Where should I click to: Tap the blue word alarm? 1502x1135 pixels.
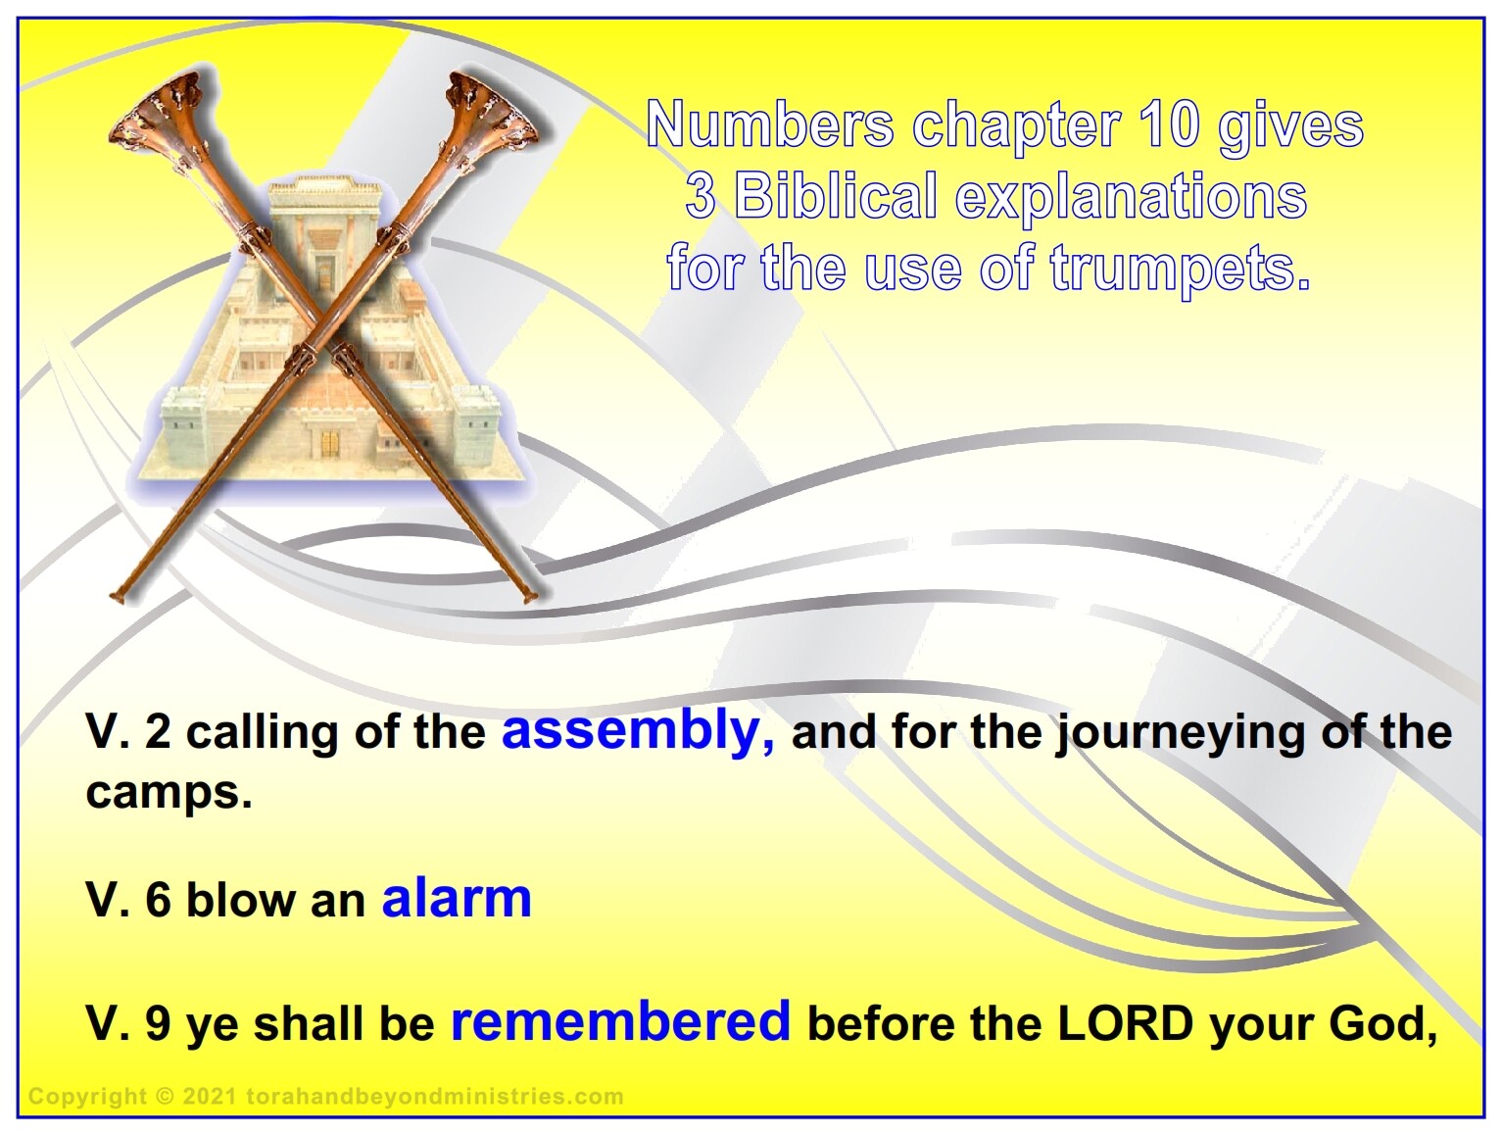coord(457,899)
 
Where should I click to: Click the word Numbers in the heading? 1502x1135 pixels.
coord(770,124)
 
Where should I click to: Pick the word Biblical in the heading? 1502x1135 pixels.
coord(836,196)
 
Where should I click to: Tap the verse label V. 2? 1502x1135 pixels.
coord(128,732)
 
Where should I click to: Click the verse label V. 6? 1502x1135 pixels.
coord(128,899)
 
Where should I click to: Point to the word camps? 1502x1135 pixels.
coord(170,794)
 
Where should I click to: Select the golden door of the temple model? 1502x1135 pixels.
coord(330,444)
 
